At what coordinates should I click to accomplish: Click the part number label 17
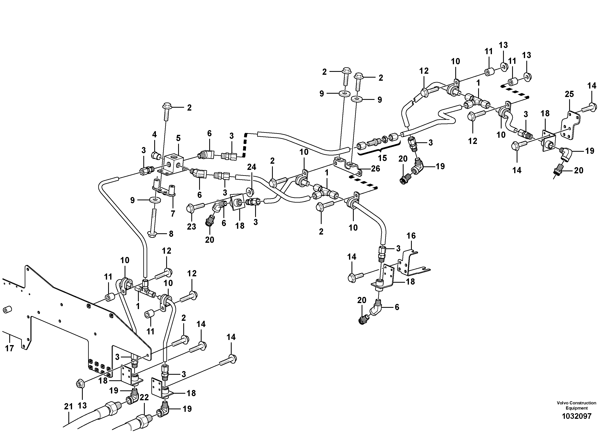(x=9, y=348)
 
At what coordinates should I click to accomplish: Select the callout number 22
(x=144, y=398)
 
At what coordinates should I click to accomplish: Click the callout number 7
(x=173, y=214)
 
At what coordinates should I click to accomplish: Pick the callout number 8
(x=171, y=234)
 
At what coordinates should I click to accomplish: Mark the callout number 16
(x=411, y=236)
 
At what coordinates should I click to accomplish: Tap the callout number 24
(x=251, y=167)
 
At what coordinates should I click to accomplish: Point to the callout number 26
(x=376, y=168)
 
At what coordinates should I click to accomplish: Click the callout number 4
(x=154, y=134)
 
